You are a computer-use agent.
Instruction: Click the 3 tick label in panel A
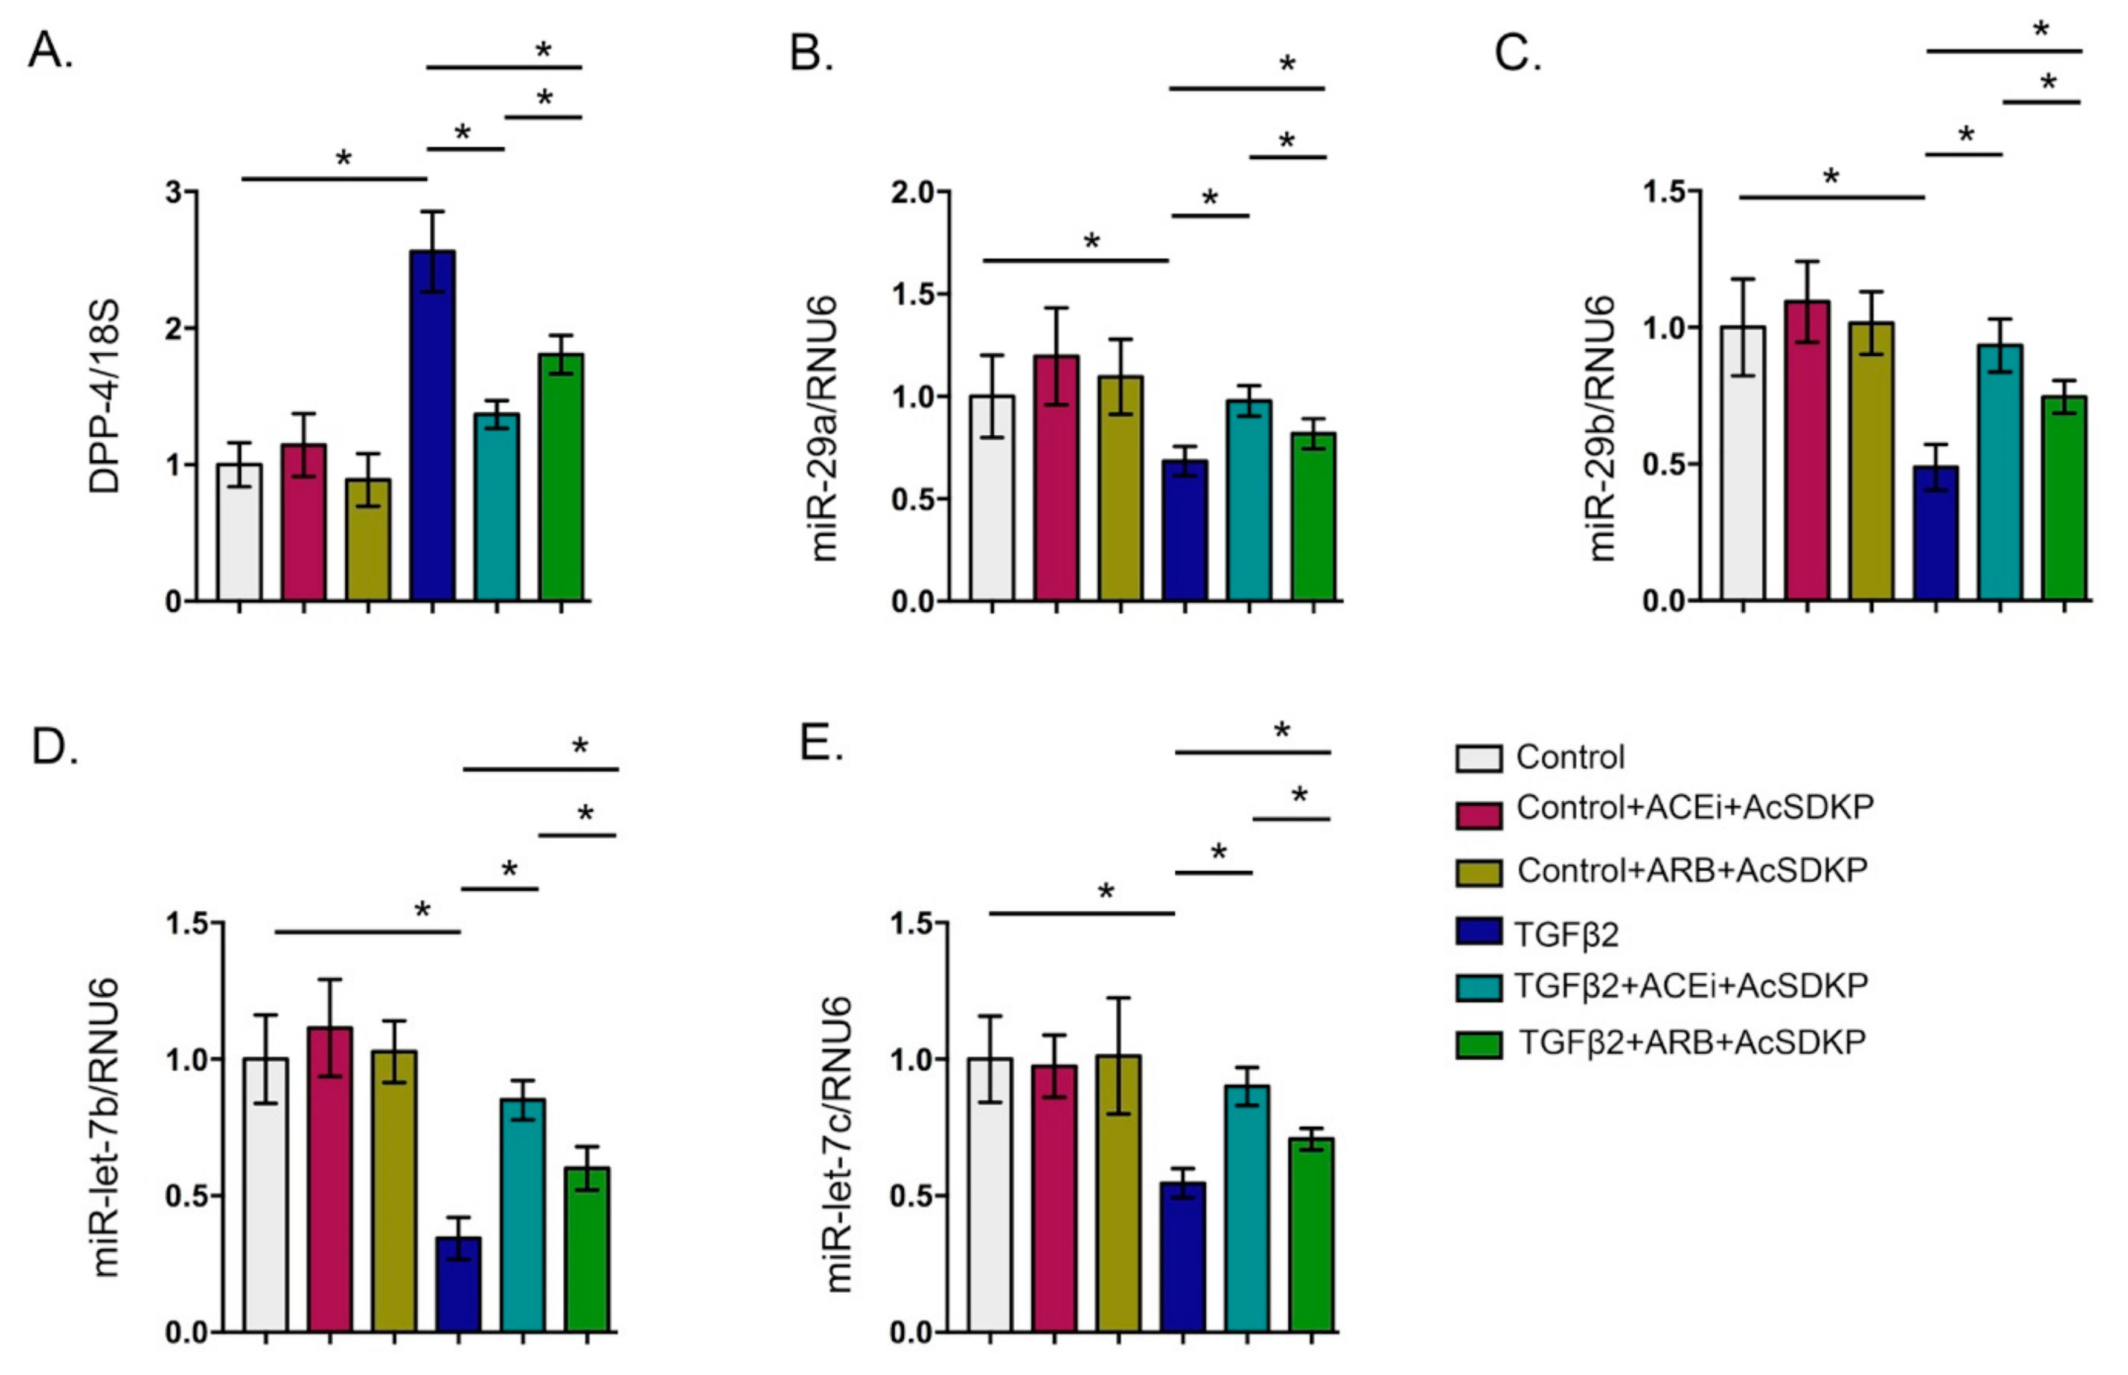point(174,192)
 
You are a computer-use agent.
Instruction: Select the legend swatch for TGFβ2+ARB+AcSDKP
point(1478,1045)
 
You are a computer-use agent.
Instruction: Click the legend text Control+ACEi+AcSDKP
point(1694,807)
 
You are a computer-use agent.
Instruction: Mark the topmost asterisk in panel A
point(543,51)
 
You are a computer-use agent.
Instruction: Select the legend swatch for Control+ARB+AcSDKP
point(1478,873)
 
